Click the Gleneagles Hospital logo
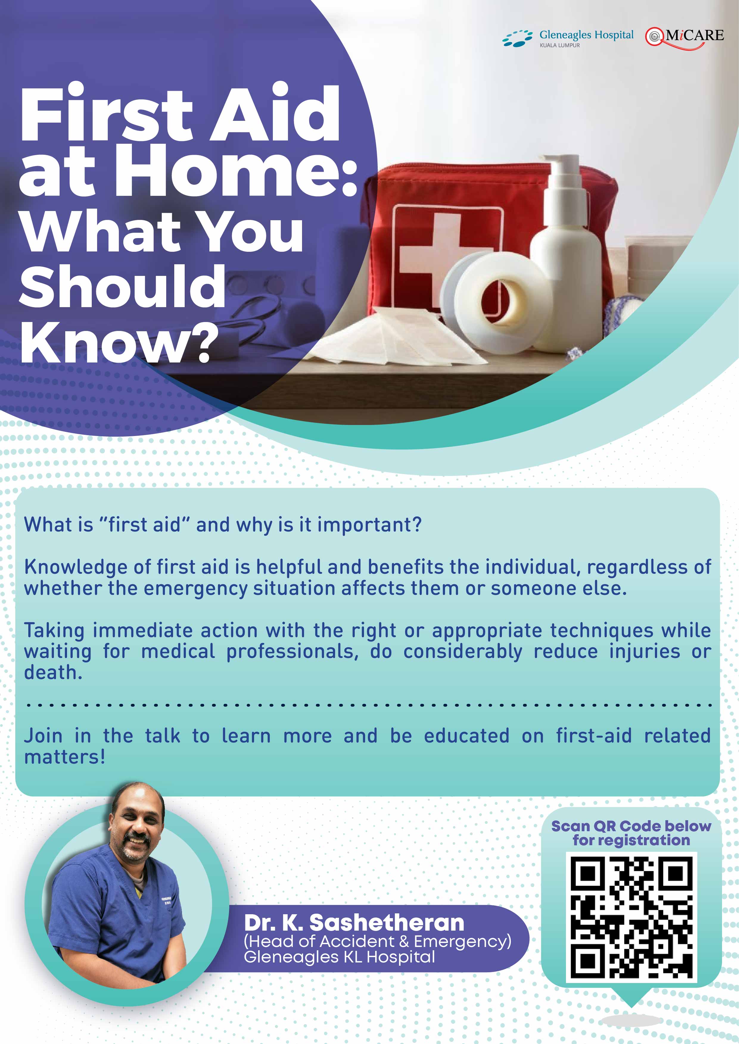(x=568, y=38)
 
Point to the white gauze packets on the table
(x=396, y=337)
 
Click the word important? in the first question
(x=369, y=525)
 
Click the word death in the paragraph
(x=52, y=673)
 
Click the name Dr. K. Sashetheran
(x=354, y=923)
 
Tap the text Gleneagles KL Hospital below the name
(x=339, y=957)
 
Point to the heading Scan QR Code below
(x=631, y=826)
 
